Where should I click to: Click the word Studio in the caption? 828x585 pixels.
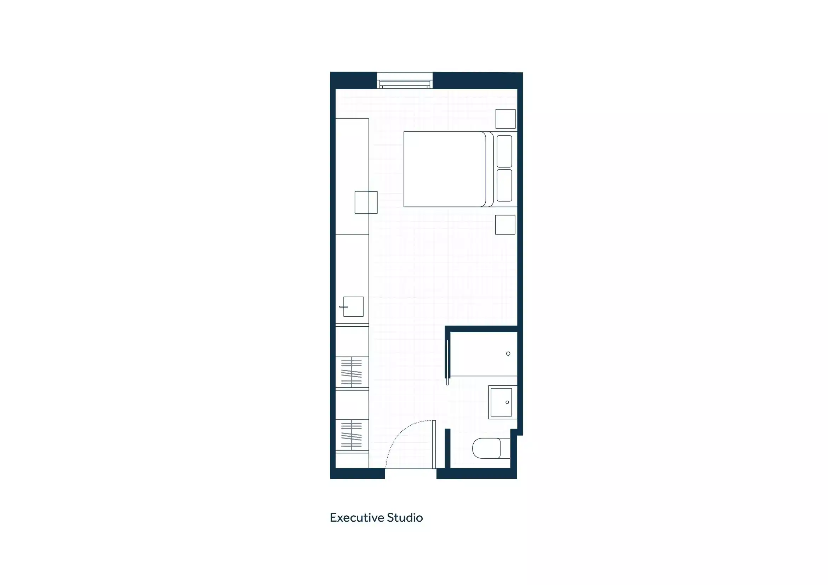click(x=405, y=518)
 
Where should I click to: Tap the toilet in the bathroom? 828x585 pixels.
click(x=487, y=448)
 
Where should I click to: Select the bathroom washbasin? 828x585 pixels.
click(x=502, y=402)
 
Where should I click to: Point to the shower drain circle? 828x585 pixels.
click(x=508, y=354)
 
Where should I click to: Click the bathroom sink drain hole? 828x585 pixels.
click(x=507, y=402)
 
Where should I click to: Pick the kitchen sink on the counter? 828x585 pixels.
click(x=353, y=307)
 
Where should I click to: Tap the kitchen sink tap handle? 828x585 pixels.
click(x=343, y=306)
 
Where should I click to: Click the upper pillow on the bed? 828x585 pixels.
click(x=504, y=151)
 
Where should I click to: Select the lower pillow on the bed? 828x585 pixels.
click(x=504, y=185)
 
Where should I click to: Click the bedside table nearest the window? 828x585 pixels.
click(x=505, y=119)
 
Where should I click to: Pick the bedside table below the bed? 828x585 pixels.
click(x=505, y=225)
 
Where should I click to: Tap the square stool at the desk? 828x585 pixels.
click(x=366, y=202)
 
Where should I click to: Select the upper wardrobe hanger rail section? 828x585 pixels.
click(x=352, y=372)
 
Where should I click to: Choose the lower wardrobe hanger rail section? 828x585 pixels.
click(x=352, y=435)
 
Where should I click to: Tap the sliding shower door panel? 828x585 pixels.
click(x=447, y=362)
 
